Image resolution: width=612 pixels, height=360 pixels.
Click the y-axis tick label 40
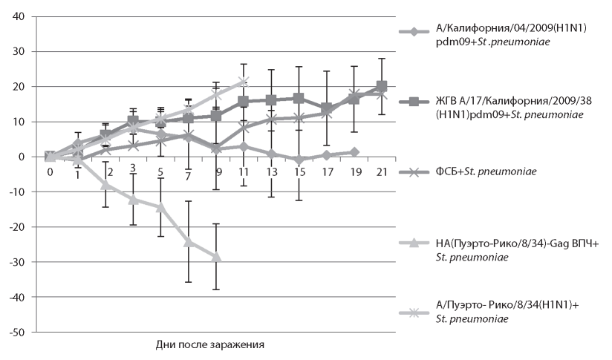(x=17, y=16)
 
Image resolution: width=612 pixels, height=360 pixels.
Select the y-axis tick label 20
(x=17, y=87)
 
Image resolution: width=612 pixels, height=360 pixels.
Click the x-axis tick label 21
(x=382, y=172)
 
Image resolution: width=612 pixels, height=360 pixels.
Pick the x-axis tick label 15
(x=299, y=172)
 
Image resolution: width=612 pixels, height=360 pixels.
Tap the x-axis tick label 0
(x=50, y=172)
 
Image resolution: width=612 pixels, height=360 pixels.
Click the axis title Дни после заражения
(x=210, y=344)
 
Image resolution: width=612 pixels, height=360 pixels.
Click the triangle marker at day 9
(x=216, y=257)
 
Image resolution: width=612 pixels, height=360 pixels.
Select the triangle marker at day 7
(x=189, y=242)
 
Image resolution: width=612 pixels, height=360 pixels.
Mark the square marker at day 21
(x=382, y=86)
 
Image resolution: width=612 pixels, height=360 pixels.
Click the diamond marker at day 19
(x=354, y=152)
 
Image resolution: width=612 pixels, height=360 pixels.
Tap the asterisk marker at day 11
(x=244, y=82)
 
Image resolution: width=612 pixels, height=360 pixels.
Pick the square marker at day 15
(x=299, y=98)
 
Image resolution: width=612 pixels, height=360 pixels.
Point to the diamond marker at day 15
(x=299, y=160)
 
